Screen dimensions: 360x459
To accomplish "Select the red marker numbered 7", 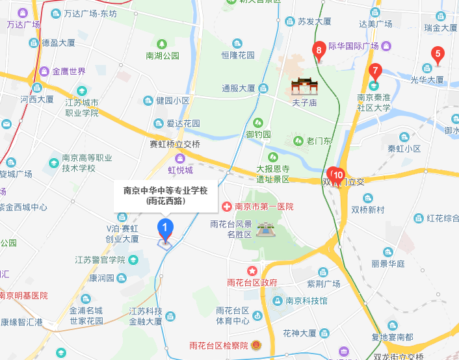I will click(374, 71).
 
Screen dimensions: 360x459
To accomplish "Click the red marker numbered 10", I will click(338, 175).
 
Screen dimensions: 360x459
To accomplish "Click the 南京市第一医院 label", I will click(264, 207).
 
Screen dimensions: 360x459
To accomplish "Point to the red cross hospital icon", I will click(227, 207).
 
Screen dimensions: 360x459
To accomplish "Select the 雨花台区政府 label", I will click(252, 282).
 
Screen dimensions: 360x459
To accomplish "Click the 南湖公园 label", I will click(163, 56).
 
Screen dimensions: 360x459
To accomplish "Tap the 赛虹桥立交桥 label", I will click(175, 144).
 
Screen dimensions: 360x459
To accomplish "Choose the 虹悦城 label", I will click(181, 170).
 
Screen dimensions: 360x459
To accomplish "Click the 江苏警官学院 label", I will click(99, 260).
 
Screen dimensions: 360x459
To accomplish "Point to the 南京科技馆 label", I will click(306, 301).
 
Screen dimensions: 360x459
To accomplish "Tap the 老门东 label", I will click(319, 140).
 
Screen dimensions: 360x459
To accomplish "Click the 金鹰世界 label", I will click(69, 71).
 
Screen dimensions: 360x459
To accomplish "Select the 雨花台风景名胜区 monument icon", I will click(265, 229).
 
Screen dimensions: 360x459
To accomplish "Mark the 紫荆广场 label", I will click(324, 284).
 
